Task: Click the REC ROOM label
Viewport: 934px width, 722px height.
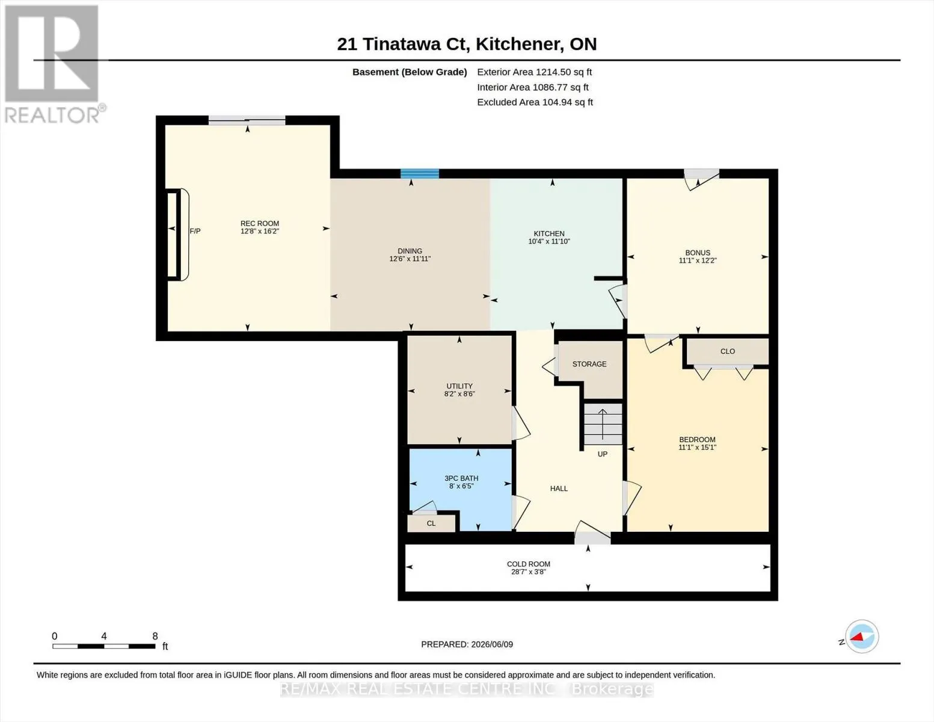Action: (260, 223)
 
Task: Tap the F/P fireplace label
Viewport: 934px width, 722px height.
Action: (195, 231)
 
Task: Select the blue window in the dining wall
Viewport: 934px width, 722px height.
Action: (420, 174)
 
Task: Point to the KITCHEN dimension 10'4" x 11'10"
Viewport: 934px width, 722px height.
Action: (549, 241)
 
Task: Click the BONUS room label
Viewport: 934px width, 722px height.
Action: (698, 253)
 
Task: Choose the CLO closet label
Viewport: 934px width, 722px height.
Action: (728, 351)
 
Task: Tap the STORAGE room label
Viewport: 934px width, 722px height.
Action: (589, 364)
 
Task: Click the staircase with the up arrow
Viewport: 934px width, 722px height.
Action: (603, 424)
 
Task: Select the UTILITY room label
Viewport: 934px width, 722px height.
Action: (459, 386)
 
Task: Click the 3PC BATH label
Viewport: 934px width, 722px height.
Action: (461, 478)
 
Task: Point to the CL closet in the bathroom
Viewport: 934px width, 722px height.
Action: (431, 523)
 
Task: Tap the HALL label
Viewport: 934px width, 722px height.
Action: (559, 489)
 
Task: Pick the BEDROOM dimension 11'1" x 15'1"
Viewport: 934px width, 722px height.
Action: (697, 447)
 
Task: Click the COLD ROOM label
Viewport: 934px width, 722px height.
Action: (528, 564)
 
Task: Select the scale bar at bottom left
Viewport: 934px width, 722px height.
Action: (103, 646)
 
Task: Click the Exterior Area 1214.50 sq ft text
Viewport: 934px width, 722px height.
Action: (534, 72)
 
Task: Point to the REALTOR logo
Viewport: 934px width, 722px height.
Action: (53, 64)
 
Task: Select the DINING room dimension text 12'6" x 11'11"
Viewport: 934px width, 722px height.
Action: (410, 259)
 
